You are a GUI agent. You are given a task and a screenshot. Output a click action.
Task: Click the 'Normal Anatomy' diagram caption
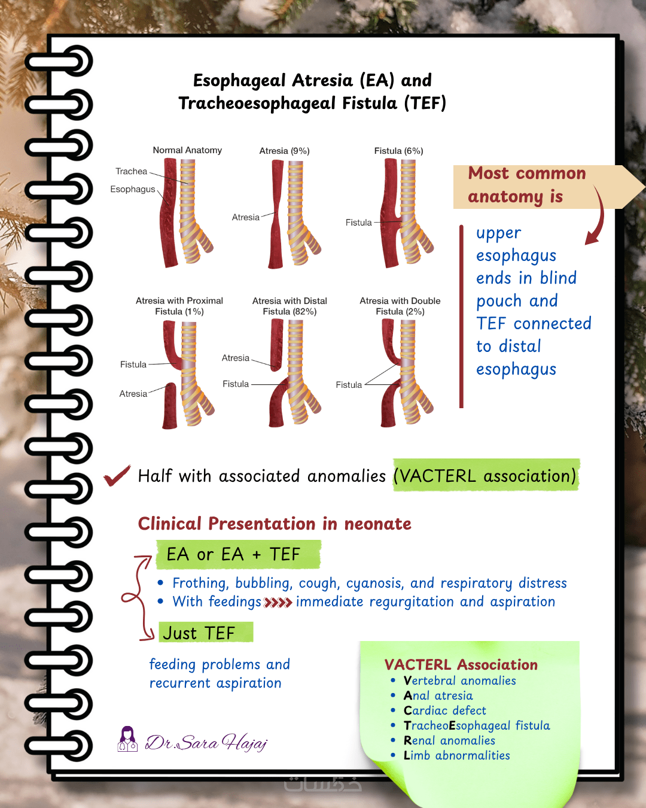[x=187, y=150]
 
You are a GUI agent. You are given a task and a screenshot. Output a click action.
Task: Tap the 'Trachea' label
[x=131, y=171]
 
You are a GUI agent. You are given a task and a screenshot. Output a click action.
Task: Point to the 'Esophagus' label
[x=132, y=189]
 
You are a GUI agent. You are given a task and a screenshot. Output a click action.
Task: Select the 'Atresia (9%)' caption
[x=284, y=151]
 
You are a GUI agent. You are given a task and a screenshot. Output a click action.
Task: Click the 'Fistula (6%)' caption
[x=398, y=151]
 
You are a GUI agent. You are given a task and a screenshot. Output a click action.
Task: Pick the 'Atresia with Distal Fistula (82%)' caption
[x=290, y=306]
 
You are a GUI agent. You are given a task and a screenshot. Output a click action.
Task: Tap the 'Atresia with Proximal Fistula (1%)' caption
[x=179, y=306]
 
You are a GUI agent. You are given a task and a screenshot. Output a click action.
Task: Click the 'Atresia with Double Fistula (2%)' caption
[x=400, y=306]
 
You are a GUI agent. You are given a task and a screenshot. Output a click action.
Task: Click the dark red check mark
[x=117, y=476]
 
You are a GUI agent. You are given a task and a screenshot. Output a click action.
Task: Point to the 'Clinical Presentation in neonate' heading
[x=275, y=524]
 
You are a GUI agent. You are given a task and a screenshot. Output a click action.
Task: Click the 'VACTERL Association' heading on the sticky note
[x=461, y=665]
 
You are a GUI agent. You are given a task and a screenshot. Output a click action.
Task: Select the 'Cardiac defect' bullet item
[x=444, y=710]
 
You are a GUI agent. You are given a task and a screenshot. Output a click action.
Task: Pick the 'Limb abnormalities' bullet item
[x=456, y=755]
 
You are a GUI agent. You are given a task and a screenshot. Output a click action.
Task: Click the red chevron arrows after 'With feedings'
[x=278, y=602]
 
